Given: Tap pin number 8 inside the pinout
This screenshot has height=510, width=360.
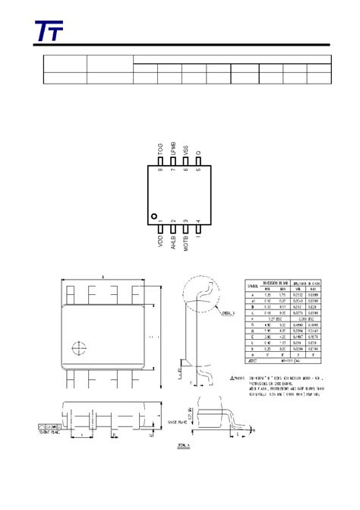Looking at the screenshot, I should click(160, 170).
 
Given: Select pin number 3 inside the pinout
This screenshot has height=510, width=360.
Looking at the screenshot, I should click(186, 220).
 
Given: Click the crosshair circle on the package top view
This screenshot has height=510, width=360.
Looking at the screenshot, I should click(76, 349).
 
